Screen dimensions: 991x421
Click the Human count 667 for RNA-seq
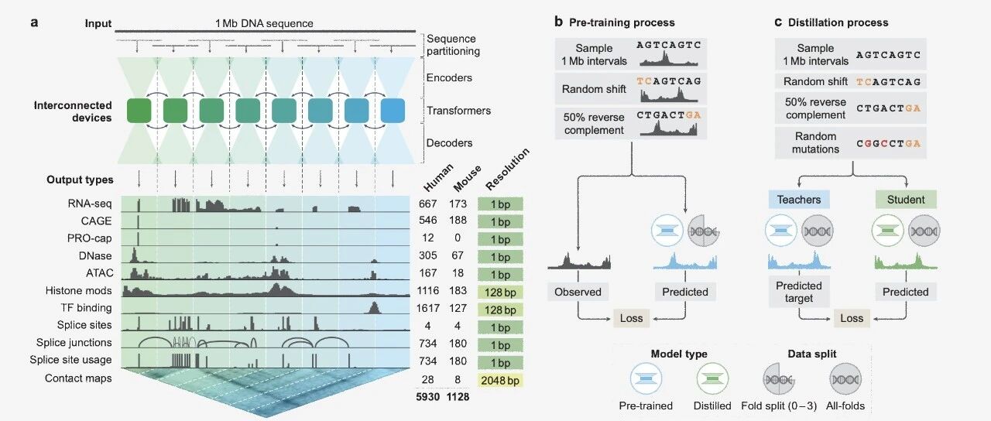pos(428,204)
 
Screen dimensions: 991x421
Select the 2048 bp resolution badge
pos(500,380)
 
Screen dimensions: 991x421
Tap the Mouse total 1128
pos(458,397)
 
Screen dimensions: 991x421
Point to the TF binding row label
pos(86,308)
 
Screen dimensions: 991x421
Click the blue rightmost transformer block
pos(393,111)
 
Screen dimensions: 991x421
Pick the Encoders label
pos(449,78)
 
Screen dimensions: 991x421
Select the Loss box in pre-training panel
pos(631,318)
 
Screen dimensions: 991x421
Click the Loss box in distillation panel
pos(852,318)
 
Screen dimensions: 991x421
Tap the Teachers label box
pos(798,200)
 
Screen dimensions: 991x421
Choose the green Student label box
pos(906,200)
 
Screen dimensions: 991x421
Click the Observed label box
pos(578,292)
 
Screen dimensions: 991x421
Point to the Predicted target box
pos(798,292)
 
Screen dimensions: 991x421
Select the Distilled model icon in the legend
pos(712,378)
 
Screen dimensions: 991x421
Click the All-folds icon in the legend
pos(845,378)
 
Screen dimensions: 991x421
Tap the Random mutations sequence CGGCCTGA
pos(888,144)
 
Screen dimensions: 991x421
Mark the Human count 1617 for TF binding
pos(428,308)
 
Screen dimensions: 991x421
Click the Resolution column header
pos(507,169)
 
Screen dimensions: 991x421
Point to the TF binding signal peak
pos(374,308)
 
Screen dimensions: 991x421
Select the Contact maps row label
pos(78,378)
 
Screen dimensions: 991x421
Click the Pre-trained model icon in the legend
pos(646,378)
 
